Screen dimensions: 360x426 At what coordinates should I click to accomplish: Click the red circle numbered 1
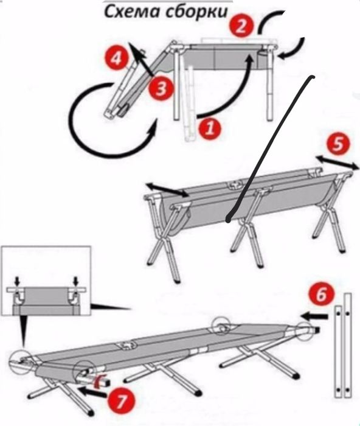tap(210, 128)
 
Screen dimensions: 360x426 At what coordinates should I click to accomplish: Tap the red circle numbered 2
tap(241, 26)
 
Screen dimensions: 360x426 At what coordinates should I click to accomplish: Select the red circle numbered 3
tap(161, 88)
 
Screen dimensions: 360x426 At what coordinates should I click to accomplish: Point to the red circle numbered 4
tap(117, 58)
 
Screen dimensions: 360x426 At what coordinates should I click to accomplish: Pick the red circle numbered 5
tap(338, 144)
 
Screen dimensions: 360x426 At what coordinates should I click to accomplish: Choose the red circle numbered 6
tap(321, 295)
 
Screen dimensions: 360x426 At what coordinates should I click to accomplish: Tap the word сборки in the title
tap(196, 12)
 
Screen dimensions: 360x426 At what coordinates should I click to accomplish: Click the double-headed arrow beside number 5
tap(337, 162)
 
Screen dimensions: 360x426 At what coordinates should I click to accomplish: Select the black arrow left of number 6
tap(314, 316)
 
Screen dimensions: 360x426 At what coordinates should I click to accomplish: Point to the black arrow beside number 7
tap(92, 392)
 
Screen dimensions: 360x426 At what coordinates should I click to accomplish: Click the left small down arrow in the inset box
tap(17, 281)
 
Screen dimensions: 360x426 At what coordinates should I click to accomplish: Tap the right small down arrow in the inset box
tap(76, 281)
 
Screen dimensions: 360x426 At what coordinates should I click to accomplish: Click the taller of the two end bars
tap(348, 345)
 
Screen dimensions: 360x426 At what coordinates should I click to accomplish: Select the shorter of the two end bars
tap(338, 352)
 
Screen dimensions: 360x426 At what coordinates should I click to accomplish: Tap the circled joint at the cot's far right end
tap(304, 332)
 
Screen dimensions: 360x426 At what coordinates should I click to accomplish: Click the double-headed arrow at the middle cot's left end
tap(167, 189)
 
